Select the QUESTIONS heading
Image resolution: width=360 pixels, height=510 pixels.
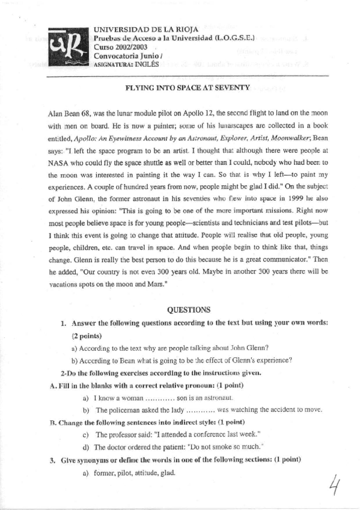(188, 310)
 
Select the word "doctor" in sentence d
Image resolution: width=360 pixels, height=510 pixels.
(120, 447)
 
